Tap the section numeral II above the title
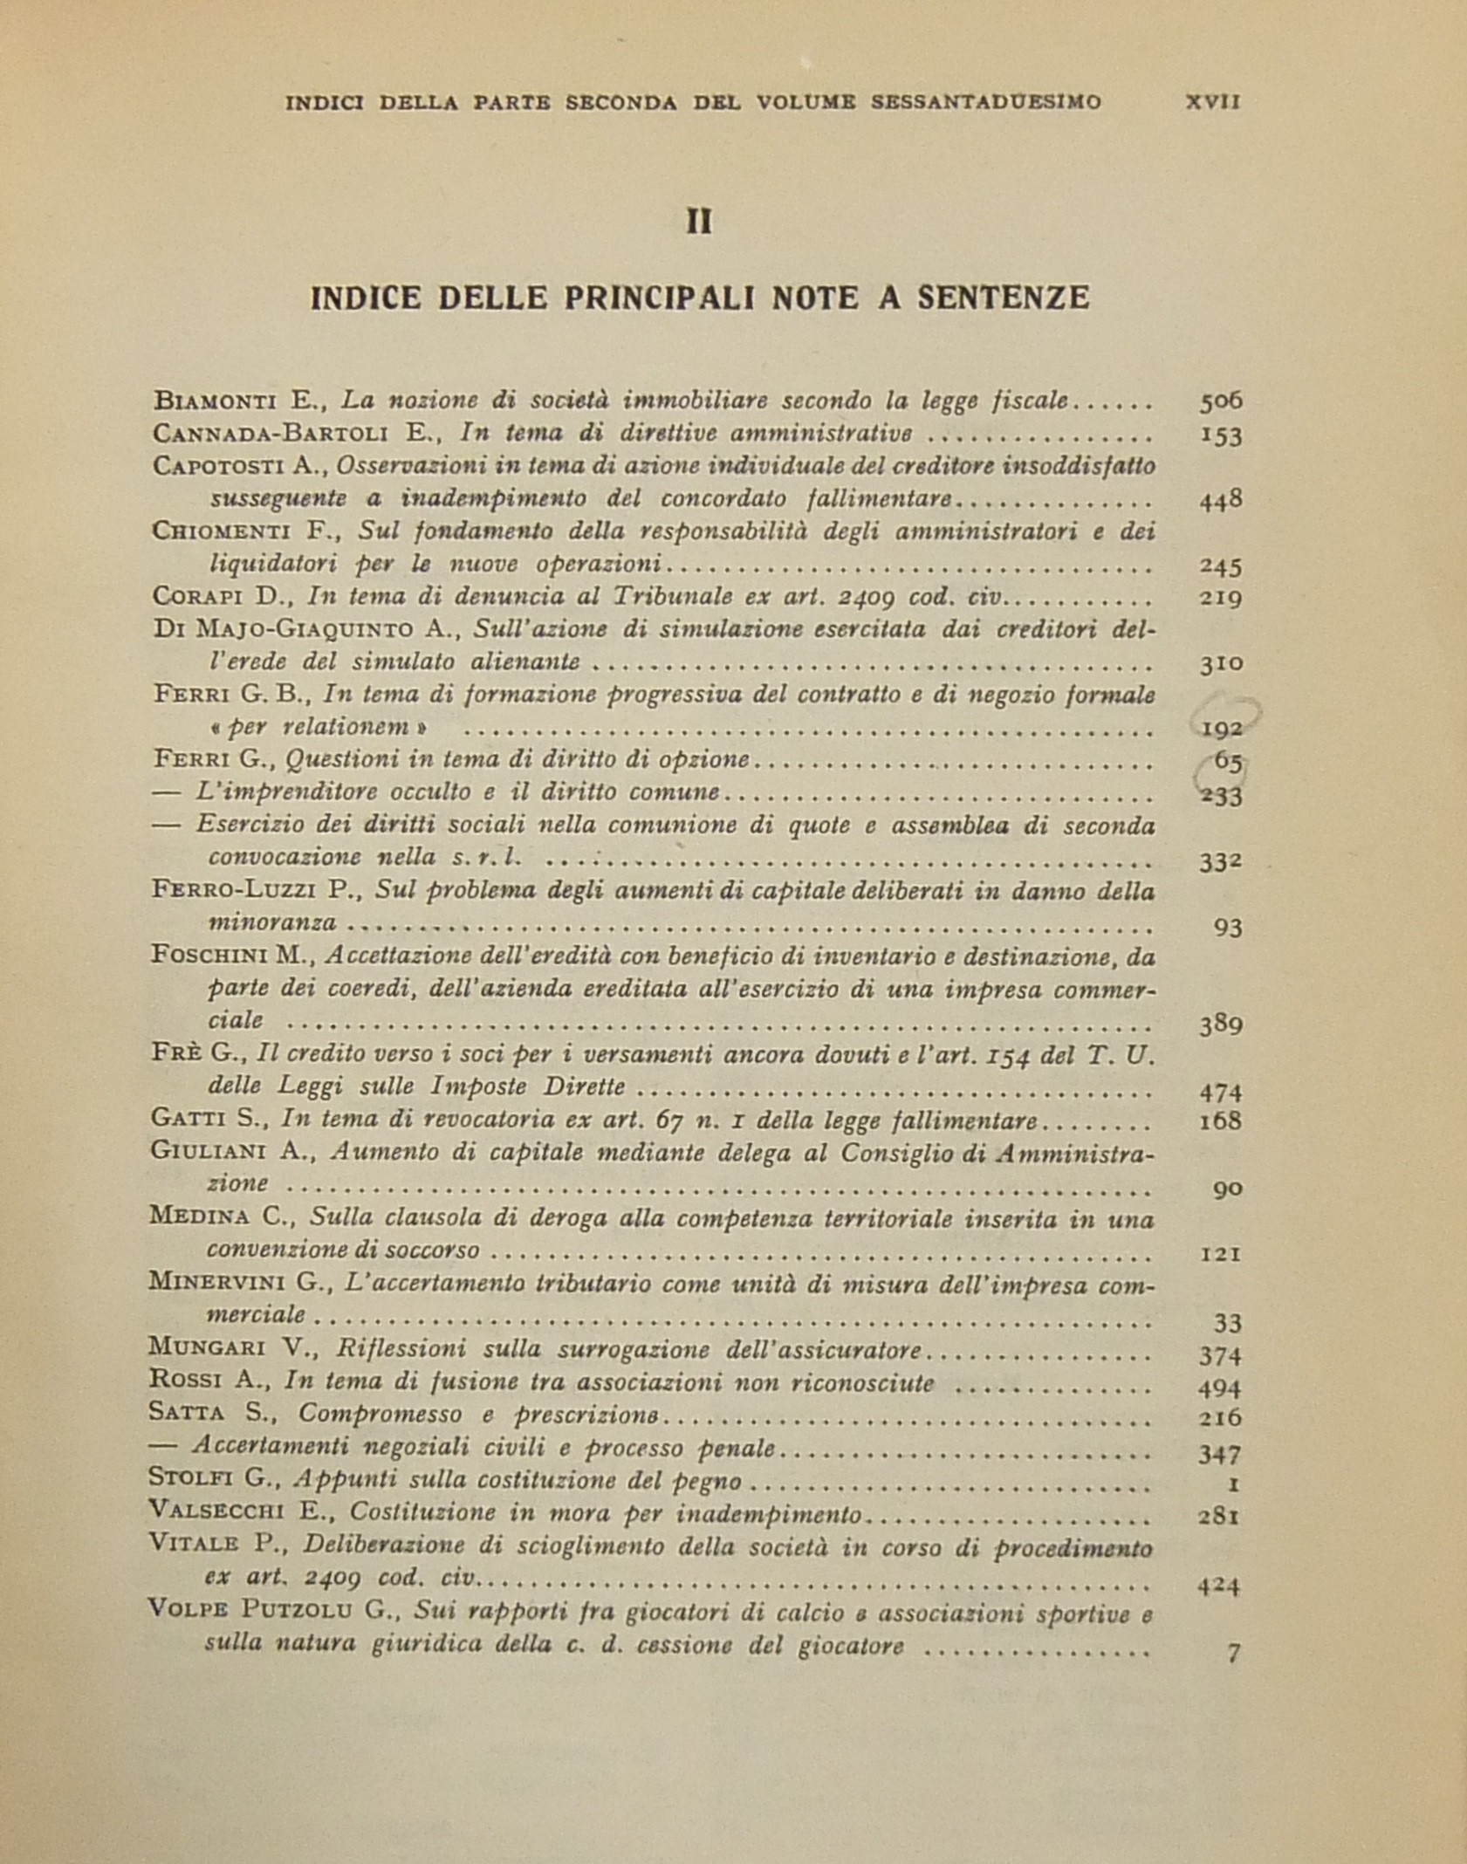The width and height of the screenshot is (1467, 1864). (699, 223)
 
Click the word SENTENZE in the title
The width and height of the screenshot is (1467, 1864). (1003, 298)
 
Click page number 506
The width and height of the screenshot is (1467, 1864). (1220, 401)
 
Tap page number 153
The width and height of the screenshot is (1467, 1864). (1220, 435)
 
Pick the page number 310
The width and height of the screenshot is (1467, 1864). (1220, 663)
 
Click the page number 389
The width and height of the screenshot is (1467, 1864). (1220, 1024)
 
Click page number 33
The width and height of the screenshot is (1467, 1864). (1227, 1324)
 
